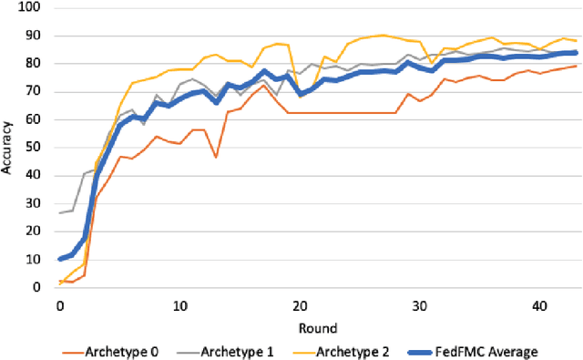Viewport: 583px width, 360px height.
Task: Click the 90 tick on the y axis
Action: pyautogui.click(x=36, y=36)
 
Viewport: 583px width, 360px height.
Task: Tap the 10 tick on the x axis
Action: pyautogui.click(x=179, y=305)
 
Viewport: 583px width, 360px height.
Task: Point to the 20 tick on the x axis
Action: pyautogui.click(x=300, y=305)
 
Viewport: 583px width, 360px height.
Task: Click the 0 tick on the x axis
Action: pyautogui.click(x=60, y=305)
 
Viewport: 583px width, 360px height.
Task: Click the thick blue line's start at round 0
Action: pyautogui.click(x=60, y=260)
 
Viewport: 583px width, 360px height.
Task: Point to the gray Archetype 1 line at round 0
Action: pyautogui.click(x=60, y=212)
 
